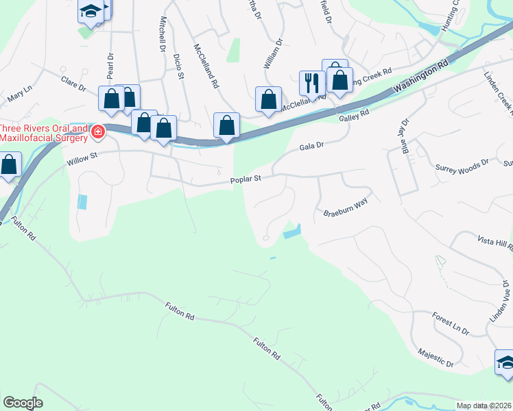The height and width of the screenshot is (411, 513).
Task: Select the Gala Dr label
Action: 311,146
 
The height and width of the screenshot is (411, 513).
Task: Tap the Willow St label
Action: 83,160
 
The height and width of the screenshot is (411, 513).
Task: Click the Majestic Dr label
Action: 436,356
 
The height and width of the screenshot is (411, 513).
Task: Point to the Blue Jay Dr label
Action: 405,136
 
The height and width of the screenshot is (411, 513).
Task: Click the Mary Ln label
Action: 20,94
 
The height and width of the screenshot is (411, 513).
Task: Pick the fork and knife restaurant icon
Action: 312,83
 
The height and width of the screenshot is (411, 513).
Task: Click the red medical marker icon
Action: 98,132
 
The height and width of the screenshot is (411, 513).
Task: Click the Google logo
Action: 23,403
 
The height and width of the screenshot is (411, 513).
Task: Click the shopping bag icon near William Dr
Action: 268,99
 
